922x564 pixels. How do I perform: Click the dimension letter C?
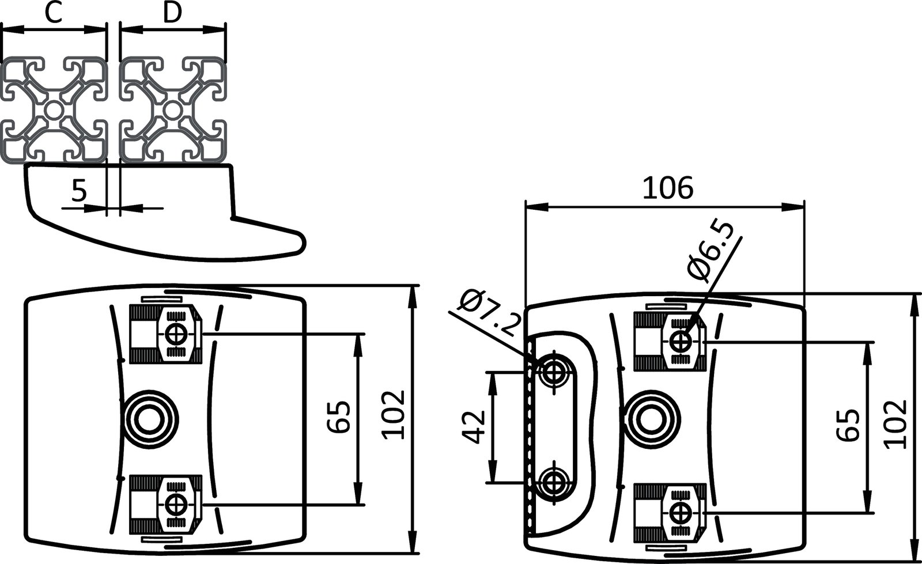coord(53,13)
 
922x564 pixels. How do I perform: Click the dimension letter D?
coord(172,13)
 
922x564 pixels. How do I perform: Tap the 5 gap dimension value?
coord(78,190)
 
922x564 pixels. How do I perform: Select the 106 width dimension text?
coord(667,188)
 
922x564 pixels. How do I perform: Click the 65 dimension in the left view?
coord(339,418)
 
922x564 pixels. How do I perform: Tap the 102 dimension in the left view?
coord(395,415)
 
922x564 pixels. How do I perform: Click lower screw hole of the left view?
coord(175,504)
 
